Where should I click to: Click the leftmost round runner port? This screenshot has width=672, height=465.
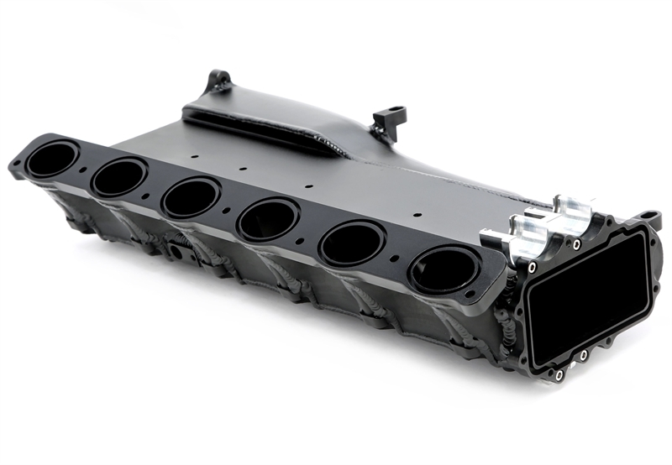52,159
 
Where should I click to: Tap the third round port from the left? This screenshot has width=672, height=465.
192,198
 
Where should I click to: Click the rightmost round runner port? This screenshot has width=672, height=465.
443,271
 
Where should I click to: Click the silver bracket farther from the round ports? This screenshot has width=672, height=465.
574,212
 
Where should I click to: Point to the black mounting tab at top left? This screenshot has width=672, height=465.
218,81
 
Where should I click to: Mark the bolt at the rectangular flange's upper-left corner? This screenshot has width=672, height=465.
532,267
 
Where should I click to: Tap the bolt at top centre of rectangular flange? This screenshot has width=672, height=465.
576,245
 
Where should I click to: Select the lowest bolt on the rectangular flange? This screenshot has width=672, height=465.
557,374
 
